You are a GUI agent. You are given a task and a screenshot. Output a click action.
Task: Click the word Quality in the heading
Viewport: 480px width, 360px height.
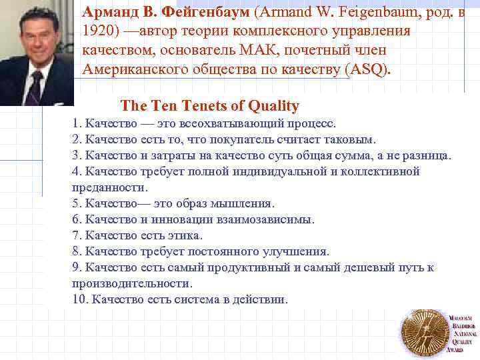273,106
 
